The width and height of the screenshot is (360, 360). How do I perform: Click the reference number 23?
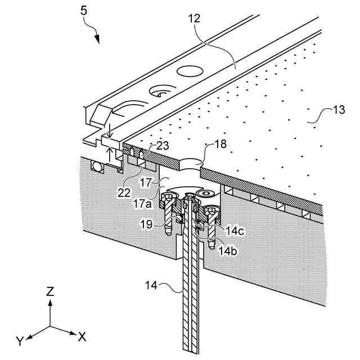[x=163, y=146]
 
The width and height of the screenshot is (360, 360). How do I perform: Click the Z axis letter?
[x=50, y=292]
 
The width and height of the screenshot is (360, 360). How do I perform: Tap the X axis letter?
[x=82, y=336]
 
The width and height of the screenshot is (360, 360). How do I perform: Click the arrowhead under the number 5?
[x=97, y=39]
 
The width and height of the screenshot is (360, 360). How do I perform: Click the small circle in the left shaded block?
[x=98, y=167]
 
